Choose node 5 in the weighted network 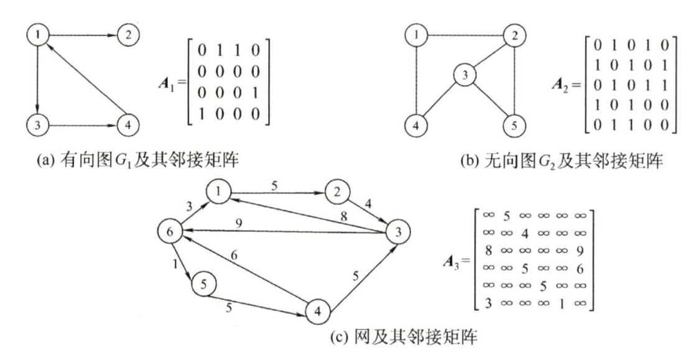[x=202, y=284]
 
